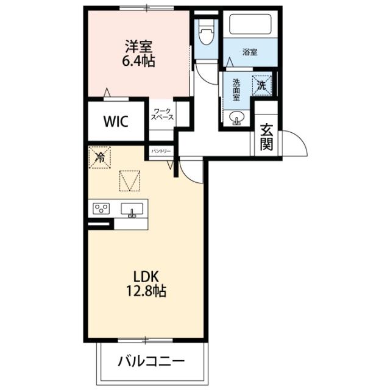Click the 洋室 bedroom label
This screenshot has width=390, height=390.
[139, 46]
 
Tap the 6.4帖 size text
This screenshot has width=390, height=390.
[139, 61]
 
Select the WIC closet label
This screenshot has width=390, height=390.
[115, 121]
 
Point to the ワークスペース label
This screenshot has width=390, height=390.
[163, 114]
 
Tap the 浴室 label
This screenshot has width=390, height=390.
[249, 52]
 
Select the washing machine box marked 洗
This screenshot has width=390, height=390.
[262, 85]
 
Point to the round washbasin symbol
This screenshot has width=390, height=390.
[235, 118]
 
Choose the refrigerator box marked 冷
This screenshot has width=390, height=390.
[100, 157]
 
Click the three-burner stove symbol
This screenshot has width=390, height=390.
[101, 209]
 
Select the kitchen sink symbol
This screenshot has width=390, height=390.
[131, 210]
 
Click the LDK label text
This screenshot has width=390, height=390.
[146, 276]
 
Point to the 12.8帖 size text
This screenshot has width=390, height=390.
[146, 291]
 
